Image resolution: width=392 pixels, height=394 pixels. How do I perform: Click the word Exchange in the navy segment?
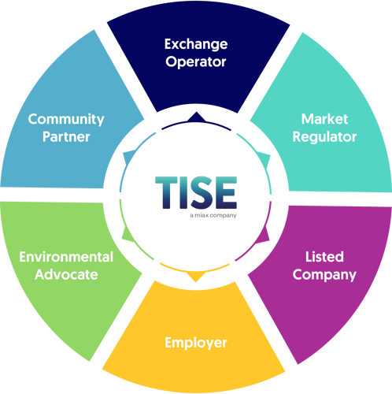click(196, 45)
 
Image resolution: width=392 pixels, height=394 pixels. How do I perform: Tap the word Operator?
click(196, 62)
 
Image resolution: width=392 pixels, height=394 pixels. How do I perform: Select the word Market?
click(324, 119)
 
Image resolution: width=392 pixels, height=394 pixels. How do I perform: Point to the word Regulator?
click(324, 137)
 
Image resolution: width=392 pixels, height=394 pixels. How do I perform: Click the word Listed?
click(324, 257)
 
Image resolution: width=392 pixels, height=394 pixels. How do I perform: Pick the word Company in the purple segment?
click(324, 275)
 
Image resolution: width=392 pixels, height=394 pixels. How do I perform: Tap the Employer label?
click(196, 343)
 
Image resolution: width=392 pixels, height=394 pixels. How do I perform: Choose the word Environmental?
click(66, 257)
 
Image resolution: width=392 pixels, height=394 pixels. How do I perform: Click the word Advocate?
click(66, 274)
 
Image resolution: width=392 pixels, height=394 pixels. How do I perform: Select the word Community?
click(66, 120)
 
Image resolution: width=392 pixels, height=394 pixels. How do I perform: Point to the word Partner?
click(66, 137)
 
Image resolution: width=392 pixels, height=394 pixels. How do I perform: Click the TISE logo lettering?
click(196, 192)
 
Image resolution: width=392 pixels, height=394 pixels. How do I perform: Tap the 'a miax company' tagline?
click(213, 215)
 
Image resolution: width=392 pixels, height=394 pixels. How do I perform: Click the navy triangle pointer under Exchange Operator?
click(196, 117)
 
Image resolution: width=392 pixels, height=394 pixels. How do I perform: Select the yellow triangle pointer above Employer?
click(196, 277)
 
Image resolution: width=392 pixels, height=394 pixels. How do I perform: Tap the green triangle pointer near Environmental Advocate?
click(128, 234)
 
